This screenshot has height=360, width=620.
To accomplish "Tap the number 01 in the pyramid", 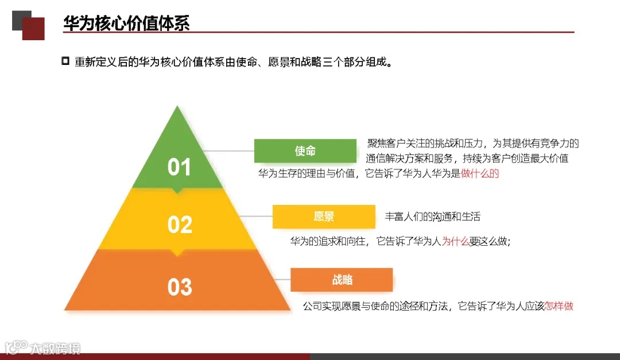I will click(179, 167).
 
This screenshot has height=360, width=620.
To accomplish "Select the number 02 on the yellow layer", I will click(179, 224).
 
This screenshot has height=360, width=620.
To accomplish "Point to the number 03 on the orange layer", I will click(179, 287).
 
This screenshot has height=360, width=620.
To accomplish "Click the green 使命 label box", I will click(305, 151).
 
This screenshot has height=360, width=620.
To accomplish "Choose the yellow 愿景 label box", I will click(324, 216).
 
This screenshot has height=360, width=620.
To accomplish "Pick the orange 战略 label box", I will click(342, 280).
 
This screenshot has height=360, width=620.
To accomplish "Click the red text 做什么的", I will click(480, 173).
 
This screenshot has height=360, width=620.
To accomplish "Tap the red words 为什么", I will click(455, 242).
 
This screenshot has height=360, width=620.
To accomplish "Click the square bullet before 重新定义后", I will click(65, 61).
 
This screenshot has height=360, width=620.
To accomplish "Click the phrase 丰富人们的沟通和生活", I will click(432, 216).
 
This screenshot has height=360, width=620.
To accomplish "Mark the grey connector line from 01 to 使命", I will click(228, 151).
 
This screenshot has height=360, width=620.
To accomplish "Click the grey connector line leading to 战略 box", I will click(280, 280).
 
